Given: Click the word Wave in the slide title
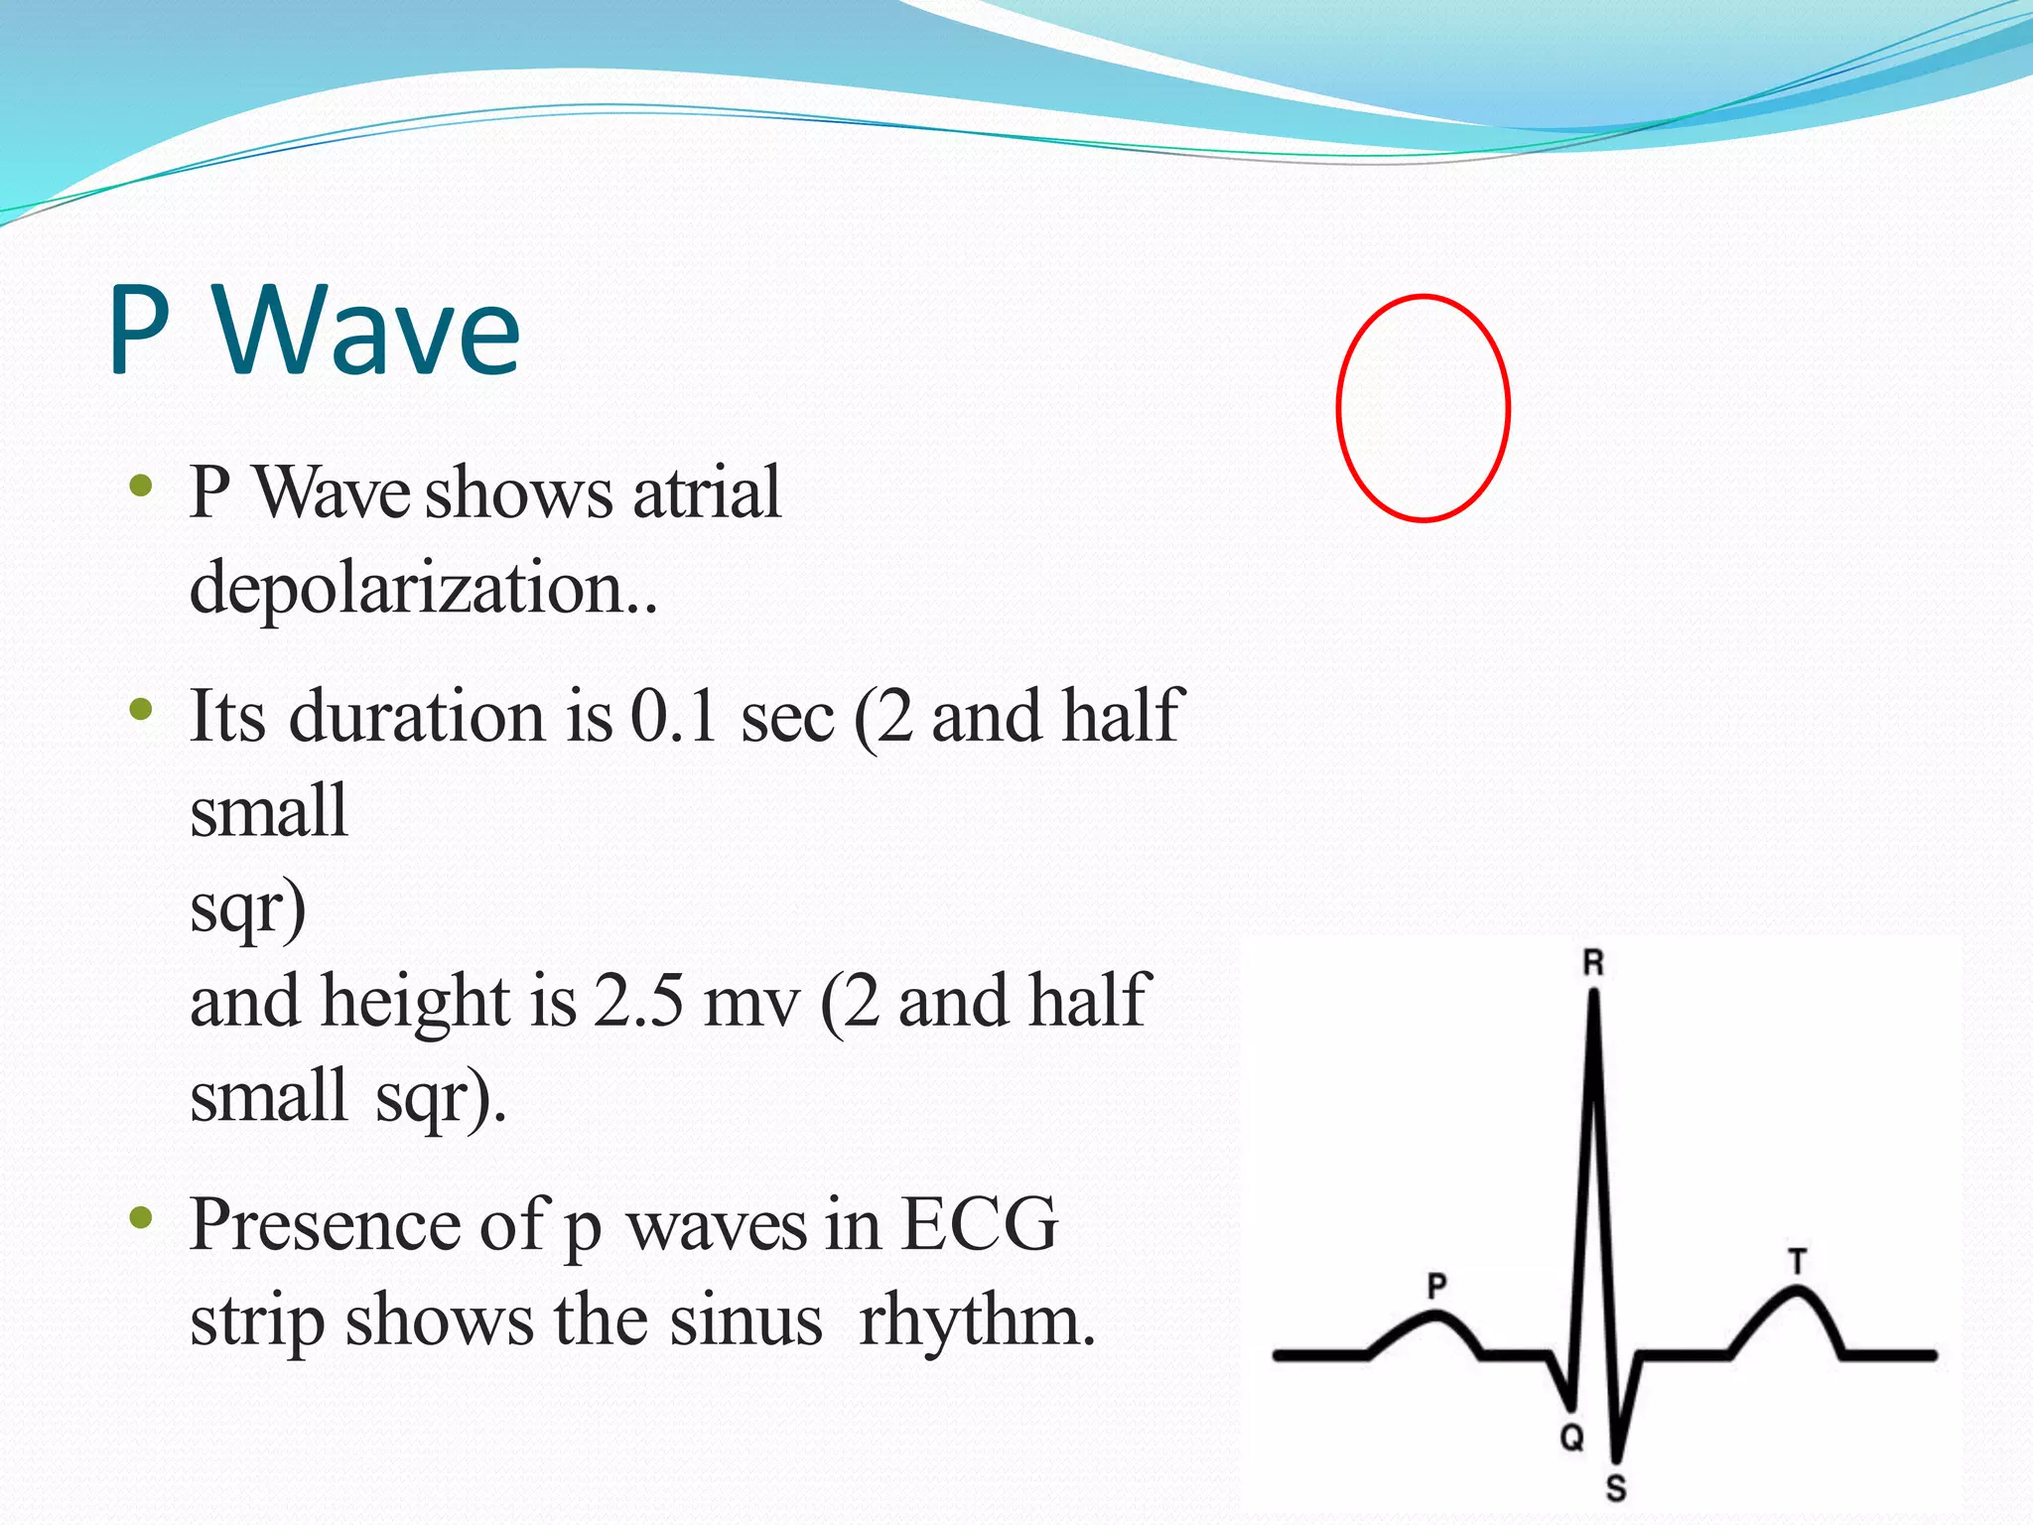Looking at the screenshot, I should [367, 330].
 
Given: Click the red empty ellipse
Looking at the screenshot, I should [1423, 408].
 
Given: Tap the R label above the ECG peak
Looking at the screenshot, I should [1592, 962].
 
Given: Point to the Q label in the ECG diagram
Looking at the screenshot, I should [1571, 1437].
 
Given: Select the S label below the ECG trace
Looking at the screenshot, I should [1616, 1488].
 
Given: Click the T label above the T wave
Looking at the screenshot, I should [1798, 1262].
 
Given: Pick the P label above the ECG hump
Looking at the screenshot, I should [1436, 1287].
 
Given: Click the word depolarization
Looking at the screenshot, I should [422, 588].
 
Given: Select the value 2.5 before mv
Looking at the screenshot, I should [638, 1001].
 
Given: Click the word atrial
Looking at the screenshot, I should [706, 492].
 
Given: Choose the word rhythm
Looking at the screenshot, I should [977, 1320].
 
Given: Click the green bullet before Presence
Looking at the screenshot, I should [141, 1217].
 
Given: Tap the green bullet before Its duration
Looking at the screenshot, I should [141, 709].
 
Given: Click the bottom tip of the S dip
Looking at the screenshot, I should [1616, 1457].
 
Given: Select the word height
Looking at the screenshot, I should [415, 1001].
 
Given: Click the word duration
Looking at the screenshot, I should [416, 715].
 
